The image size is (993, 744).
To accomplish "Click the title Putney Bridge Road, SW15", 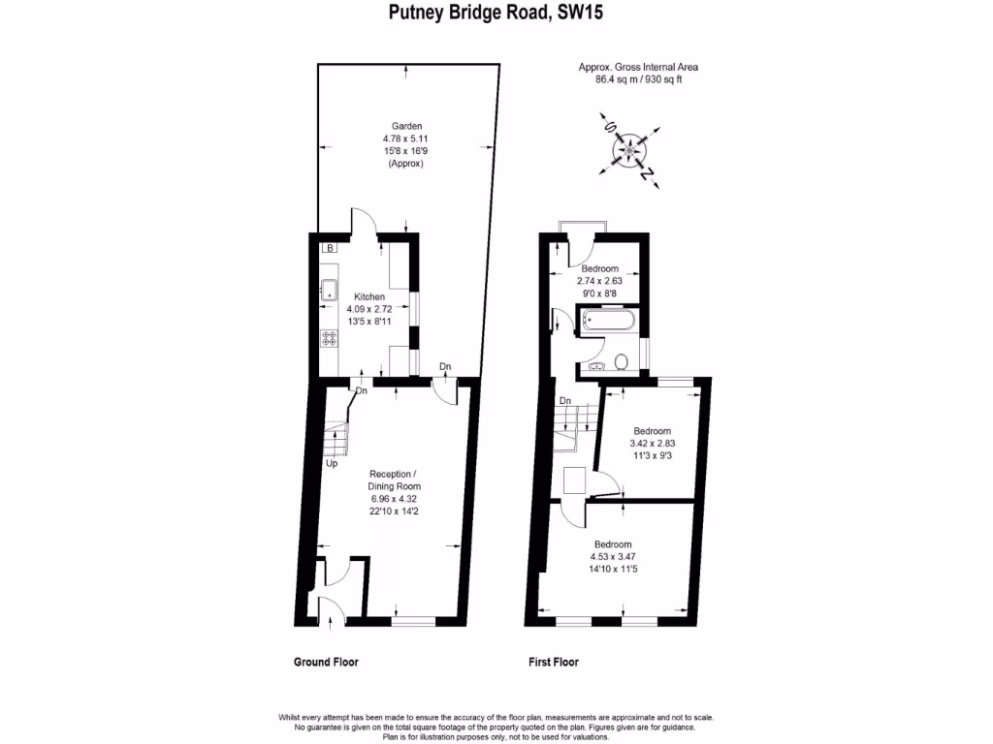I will pyautogui.click(x=496, y=14).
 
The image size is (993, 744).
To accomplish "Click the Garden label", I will pyautogui.click(x=406, y=127).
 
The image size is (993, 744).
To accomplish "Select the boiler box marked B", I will pyautogui.click(x=330, y=249).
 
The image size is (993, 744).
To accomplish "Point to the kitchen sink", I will pyautogui.click(x=330, y=289).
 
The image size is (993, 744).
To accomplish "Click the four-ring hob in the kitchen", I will pyautogui.click(x=330, y=338).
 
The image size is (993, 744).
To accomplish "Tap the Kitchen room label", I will pyautogui.click(x=369, y=296).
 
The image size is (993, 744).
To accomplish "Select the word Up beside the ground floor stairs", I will pyautogui.click(x=331, y=463).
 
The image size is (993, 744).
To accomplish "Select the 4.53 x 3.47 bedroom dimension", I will pyautogui.click(x=613, y=557).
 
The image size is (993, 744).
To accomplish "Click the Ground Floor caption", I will pyautogui.click(x=326, y=663).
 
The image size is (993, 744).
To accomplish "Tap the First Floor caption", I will pyautogui.click(x=554, y=663).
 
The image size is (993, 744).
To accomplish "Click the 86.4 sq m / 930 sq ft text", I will pyautogui.click(x=638, y=79).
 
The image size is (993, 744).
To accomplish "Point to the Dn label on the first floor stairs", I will pyautogui.click(x=564, y=401).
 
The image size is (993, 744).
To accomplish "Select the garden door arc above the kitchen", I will pyautogui.click(x=360, y=221).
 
